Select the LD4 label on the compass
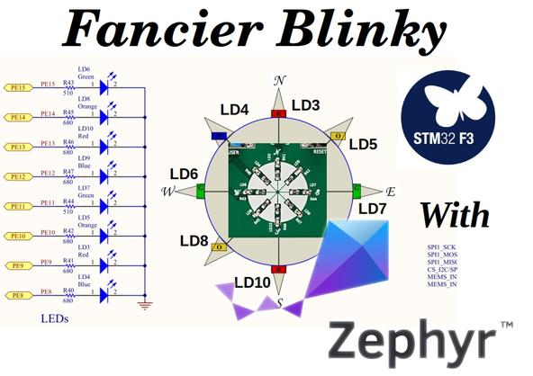point(235,110)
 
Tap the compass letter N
point(279,81)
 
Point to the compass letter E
point(390,192)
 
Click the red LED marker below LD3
point(279,114)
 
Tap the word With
point(455,215)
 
